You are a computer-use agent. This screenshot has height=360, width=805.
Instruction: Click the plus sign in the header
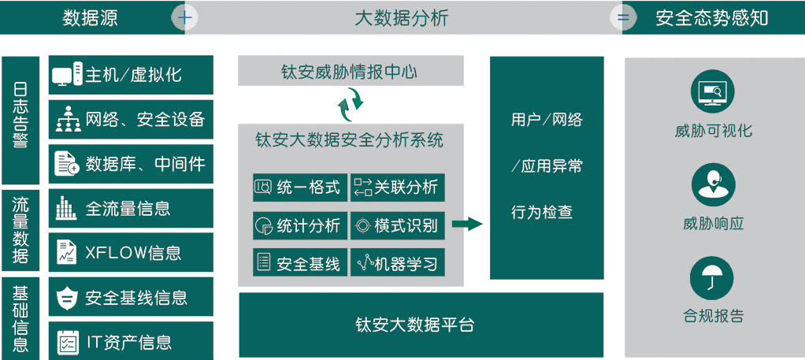point(185,17)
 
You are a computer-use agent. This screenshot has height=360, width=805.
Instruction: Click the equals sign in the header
point(623,17)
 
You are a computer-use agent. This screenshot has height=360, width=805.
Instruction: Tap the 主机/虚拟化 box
point(131,75)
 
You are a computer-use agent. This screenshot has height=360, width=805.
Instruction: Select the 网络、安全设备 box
point(131,120)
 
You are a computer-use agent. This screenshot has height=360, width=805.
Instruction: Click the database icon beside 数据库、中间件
point(66,164)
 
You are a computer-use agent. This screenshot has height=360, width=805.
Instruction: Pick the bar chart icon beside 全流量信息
point(66,209)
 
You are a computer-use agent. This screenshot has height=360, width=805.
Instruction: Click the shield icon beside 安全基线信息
point(66,298)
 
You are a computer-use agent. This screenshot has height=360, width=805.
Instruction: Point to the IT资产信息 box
point(131,342)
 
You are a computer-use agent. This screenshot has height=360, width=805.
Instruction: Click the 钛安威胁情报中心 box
point(350,72)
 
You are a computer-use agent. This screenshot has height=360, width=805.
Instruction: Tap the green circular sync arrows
point(350,101)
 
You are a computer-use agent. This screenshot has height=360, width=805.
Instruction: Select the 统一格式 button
point(299,187)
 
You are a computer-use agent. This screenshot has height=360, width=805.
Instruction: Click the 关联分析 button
point(397,187)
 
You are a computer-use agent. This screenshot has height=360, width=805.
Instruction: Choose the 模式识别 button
point(397,225)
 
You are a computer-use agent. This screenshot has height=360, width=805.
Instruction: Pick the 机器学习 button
point(397,263)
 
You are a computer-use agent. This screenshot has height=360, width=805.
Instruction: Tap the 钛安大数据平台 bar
point(421,325)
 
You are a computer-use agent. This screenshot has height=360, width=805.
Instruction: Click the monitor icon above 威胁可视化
point(713,93)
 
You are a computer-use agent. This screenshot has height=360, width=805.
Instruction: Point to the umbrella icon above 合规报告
point(713,278)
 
